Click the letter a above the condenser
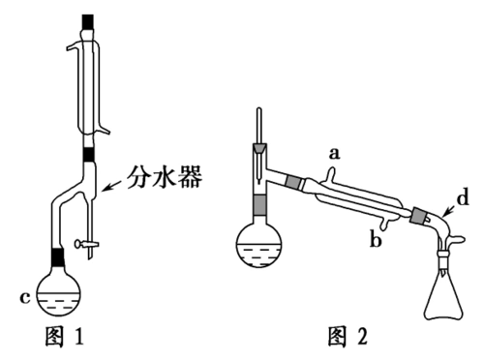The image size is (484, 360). pos(336,152)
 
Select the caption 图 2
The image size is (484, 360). pos(349,340)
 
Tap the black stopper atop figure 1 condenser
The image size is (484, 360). pos(90,19)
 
